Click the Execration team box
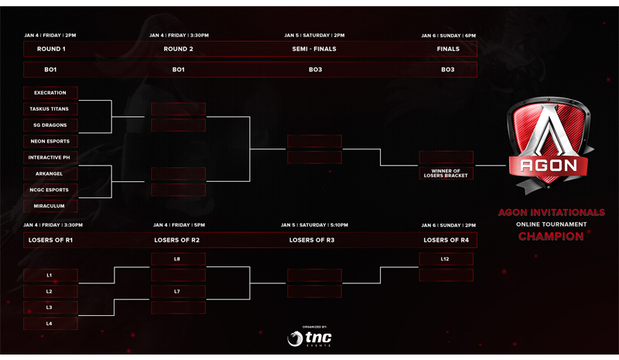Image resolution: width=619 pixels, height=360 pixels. [x=50, y=93]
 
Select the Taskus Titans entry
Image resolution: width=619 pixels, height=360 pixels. [x=50, y=109]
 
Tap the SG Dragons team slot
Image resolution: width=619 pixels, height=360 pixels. [x=50, y=125]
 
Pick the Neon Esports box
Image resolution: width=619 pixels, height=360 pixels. [x=50, y=142]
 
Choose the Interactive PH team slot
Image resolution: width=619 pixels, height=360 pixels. [x=50, y=158]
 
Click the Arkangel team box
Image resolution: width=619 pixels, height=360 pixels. [x=50, y=174]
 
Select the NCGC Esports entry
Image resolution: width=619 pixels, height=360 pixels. [x=50, y=190]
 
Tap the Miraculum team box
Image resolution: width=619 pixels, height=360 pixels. [x=50, y=206]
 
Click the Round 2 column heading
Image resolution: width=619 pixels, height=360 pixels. [x=179, y=49]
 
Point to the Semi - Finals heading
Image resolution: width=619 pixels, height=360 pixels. [x=314, y=49]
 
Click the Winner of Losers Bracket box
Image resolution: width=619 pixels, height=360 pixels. [x=446, y=173]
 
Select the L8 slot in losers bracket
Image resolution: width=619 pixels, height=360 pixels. [x=179, y=259]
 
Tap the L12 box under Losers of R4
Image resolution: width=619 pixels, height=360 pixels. [x=446, y=259]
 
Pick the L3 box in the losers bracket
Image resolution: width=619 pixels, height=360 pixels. [x=50, y=307]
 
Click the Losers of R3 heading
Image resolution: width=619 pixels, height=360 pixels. [x=312, y=240]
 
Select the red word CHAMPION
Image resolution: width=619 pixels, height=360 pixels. [x=551, y=236]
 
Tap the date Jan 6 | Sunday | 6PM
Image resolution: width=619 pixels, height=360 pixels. [x=449, y=36]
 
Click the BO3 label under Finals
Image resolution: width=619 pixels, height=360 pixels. [x=448, y=70]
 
